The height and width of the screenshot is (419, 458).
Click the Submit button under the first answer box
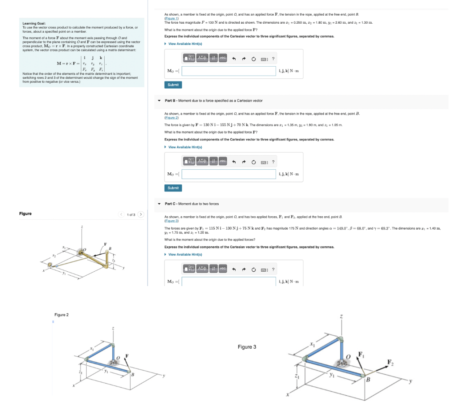point(173,85)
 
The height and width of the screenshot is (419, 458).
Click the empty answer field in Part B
point(229,174)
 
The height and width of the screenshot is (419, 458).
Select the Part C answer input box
point(229,282)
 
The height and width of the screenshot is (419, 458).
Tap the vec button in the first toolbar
point(223,58)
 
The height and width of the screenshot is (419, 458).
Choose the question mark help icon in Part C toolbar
point(273,269)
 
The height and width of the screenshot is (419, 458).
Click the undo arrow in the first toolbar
point(233,58)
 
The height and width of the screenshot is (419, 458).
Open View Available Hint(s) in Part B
point(185,147)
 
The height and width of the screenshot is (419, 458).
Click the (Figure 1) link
point(171,18)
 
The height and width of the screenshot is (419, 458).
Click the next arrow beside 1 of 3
point(141,214)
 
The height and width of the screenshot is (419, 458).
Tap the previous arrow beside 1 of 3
point(121,214)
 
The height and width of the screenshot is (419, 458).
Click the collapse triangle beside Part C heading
point(160,204)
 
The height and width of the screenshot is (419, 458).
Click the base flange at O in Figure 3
point(344,364)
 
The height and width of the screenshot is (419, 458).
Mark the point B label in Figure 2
point(131,374)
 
